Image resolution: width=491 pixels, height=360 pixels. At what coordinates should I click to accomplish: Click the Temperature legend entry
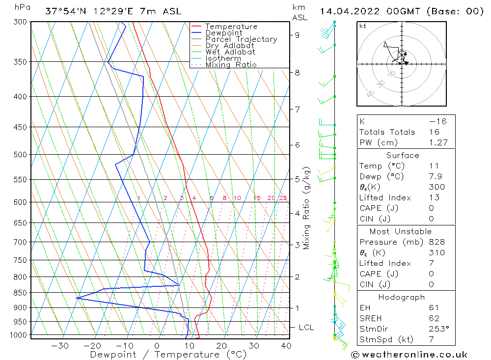pyautogui.click(x=231, y=27)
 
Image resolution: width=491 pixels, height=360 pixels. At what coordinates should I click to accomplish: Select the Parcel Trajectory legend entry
pyautogui.click(x=241, y=39)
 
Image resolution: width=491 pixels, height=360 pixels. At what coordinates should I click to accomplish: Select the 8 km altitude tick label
pyautogui.click(x=297, y=73)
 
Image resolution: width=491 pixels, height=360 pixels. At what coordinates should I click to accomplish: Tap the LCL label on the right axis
pyautogui.click(x=306, y=327)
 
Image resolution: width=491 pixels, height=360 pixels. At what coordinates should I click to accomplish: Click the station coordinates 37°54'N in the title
pyautogui.click(x=64, y=11)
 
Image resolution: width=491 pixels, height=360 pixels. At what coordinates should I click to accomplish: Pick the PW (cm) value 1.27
pyautogui.click(x=437, y=143)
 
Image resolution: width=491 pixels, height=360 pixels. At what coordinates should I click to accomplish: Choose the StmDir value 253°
pyautogui.click(x=437, y=329)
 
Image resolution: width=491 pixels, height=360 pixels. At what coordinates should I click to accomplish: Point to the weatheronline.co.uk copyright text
pyautogui.click(x=409, y=355)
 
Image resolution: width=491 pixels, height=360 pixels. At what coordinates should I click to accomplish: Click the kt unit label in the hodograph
pyautogui.click(x=363, y=26)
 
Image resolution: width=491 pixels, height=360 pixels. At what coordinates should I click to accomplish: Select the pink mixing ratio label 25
pyautogui.click(x=283, y=198)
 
